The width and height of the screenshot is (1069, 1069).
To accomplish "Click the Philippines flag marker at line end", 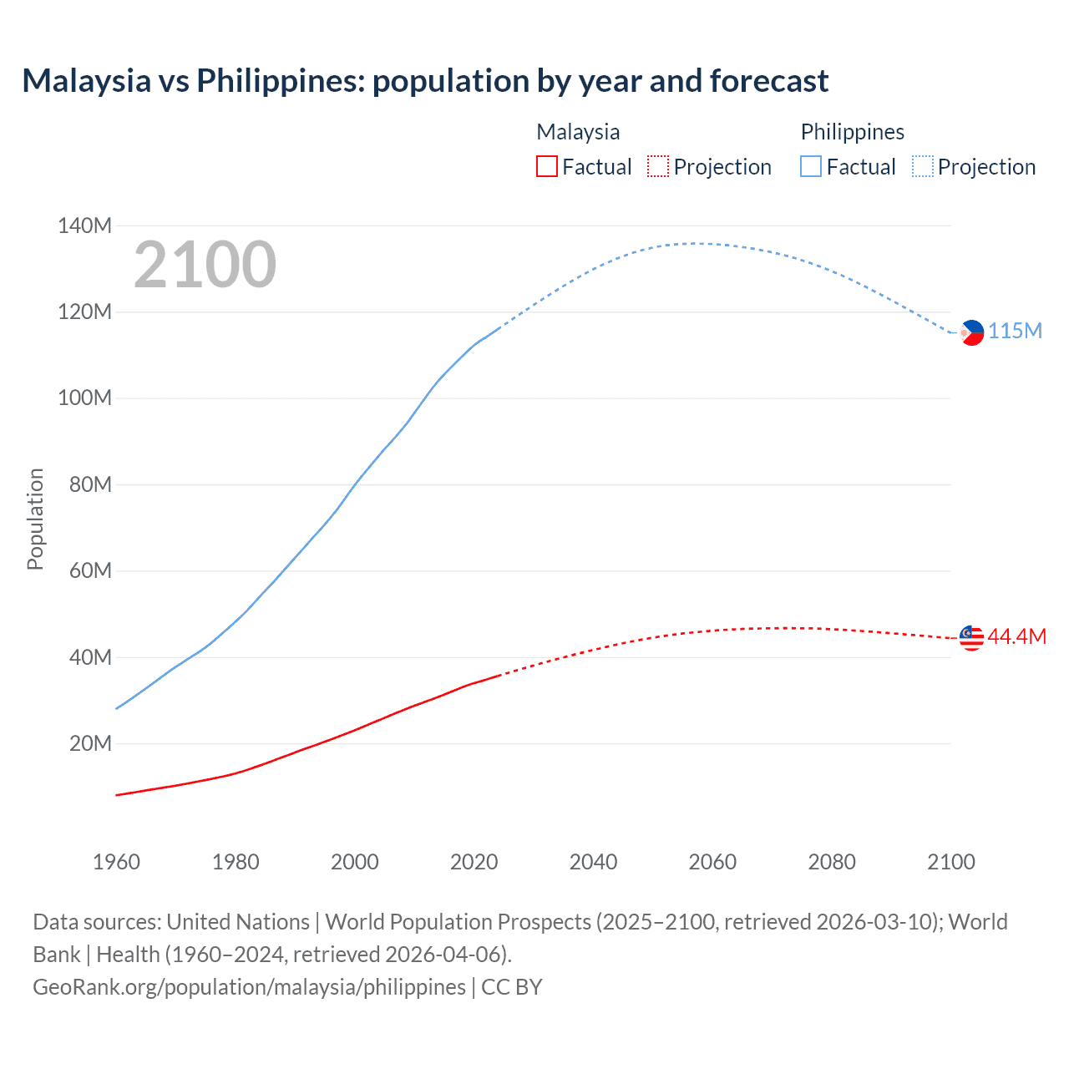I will coord(971,332).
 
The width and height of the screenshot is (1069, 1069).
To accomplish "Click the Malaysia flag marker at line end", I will coord(971,638).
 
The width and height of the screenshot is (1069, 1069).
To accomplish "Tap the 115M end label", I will coord(1016,332).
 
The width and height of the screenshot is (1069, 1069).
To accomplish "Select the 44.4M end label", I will coord(1016,637).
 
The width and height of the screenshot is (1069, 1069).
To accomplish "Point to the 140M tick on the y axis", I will coord(84,225).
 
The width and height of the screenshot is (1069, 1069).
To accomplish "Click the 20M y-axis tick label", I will coord(90,744).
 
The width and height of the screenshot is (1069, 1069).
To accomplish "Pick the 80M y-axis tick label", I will coord(90,485).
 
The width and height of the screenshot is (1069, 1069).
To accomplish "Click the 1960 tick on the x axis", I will coord(116,862).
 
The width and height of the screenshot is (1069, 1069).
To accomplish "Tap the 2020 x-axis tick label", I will coord(474,862).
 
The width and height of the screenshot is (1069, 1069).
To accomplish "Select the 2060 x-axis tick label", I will coord(712,862).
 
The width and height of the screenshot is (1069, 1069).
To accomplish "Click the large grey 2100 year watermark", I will coord(205,265).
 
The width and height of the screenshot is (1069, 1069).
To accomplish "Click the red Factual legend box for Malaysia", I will coord(547,167).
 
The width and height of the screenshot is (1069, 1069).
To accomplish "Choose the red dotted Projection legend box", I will coord(658,167).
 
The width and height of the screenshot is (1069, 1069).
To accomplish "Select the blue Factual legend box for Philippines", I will coord(811,167).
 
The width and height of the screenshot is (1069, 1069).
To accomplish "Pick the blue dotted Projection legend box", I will coord(923,167).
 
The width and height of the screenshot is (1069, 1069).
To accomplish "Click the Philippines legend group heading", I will coord(852,132).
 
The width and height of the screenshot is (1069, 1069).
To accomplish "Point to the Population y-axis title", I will coord(35,519).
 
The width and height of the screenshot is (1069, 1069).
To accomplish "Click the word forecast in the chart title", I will coord(768,81).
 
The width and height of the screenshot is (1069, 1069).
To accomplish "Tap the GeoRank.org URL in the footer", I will coord(249,987).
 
